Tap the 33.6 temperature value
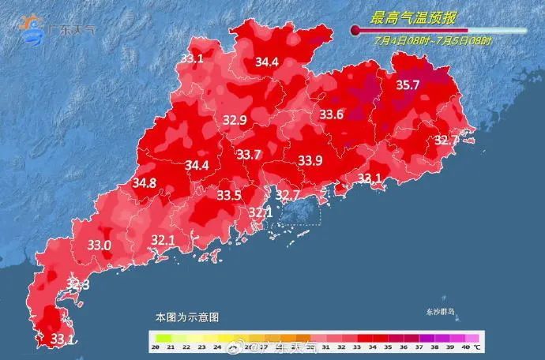tap(331, 114)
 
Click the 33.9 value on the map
tap(310, 161)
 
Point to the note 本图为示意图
tap(186, 317)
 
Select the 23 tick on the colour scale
tap(202, 347)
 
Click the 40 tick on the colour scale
tap(465, 347)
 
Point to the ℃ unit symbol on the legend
tap(478, 347)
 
